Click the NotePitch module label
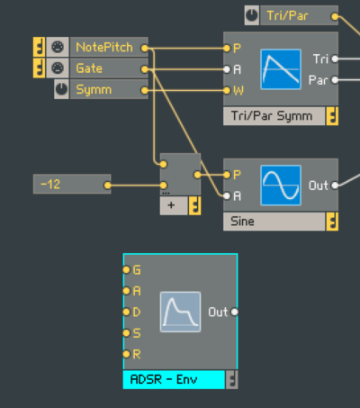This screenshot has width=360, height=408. coord(104,48)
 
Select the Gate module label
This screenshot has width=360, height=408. coord(89,68)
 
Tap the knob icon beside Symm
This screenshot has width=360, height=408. coord(61,89)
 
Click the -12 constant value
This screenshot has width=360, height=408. coord(50,184)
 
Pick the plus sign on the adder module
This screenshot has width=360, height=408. coord(171,205)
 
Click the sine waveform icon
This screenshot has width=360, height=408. coord(281,186)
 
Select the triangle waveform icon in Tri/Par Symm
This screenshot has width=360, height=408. coord(281,69)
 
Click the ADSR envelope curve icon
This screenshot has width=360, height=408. coord(180,312)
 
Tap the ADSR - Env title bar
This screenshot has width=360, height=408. coord(174,380)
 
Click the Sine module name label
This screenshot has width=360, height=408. coord(242,222)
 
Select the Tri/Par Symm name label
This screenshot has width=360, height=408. coord(272,116)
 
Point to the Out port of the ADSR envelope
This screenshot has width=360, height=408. coord(235,313)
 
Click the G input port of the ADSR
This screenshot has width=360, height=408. coord(126,269)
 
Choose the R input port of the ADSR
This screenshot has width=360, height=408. coord(126,354)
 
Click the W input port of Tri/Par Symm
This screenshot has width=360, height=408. coord(227,90)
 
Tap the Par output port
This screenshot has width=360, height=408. coord(335,80)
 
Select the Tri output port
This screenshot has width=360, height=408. coord(335,59)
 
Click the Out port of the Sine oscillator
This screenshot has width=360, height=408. coord(335,186)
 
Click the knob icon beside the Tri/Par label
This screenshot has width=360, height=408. coord(252,15)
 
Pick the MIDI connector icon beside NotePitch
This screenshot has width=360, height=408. coord(58,47)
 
